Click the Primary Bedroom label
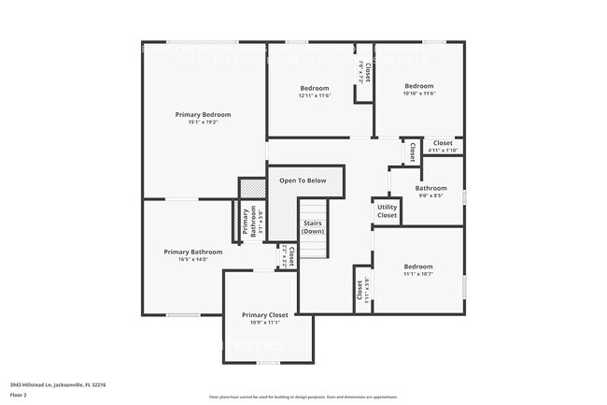pyautogui.click(x=203, y=114)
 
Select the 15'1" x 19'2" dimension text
pyautogui.click(x=203, y=123)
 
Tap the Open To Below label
pyautogui.click(x=303, y=181)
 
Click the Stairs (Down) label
pyautogui.click(x=312, y=227)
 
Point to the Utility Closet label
pyautogui.click(x=387, y=211)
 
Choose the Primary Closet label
pyautogui.click(x=264, y=315)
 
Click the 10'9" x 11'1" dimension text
pyautogui.click(x=264, y=324)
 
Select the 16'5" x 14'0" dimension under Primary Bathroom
pyautogui.click(x=193, y=260)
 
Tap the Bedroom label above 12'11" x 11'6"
pyautogui.click(x=314, y=88)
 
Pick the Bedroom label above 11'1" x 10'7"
pyautogui.click(x=418, y=265)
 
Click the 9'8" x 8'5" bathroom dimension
pyautogui.click(x=431, y=196)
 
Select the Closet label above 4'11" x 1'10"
pyautogui.click(x=443, y=143)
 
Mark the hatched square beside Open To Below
pyautogui.click(x=249, y=187)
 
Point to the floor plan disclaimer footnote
pyautogui.click(x=303, y=397)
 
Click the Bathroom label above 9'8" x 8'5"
pyautogui.click(x=431, y=188)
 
